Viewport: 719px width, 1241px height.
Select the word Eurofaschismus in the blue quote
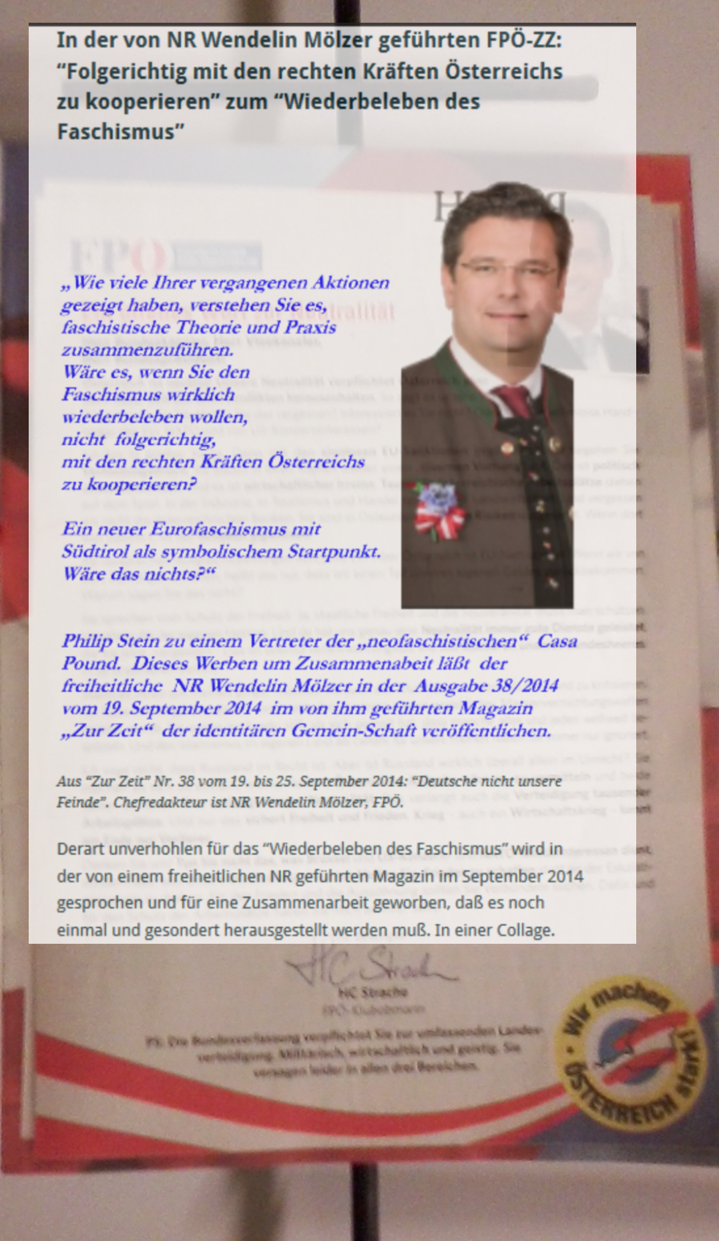click(234, 529)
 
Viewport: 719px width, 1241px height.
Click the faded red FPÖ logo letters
click(117, 256)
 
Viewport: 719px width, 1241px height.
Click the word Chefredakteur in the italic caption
click(157, 802)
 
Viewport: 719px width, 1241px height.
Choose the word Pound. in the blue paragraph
click(91, 664)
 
